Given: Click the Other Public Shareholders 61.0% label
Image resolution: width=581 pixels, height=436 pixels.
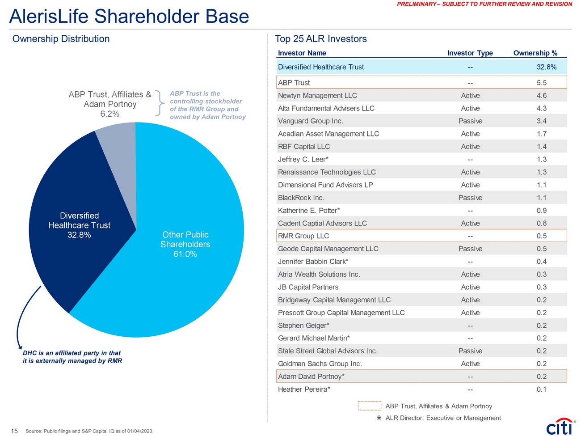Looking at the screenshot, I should (185, 244).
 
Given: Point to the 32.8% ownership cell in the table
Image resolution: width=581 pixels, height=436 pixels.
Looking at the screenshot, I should (546, 67).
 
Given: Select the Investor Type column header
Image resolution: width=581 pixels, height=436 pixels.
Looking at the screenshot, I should (470, 53).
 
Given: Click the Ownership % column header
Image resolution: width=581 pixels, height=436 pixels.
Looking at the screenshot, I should (535, 53).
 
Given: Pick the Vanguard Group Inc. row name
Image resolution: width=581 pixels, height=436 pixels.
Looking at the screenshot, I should (311, 121).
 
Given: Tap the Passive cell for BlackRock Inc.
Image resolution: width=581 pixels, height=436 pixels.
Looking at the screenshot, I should (470, 198).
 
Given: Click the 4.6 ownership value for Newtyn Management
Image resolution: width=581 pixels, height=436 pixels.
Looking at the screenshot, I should (542, 96).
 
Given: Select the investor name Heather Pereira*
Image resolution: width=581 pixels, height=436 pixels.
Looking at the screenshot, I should (304, 389).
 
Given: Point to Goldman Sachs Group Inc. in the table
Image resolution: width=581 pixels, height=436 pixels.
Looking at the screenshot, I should (320, 364).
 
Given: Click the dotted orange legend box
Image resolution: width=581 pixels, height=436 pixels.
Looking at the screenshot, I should (369, 406).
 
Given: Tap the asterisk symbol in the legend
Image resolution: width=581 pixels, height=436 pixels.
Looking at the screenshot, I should (379, 418).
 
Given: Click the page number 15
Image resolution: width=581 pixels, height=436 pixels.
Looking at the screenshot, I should (14, 431).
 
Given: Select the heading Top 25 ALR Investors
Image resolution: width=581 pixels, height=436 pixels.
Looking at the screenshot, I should (320, 39).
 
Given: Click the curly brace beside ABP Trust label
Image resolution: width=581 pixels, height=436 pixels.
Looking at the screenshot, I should (159, 103).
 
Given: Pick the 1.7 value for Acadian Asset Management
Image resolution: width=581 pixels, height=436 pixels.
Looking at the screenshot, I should (542, 134).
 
